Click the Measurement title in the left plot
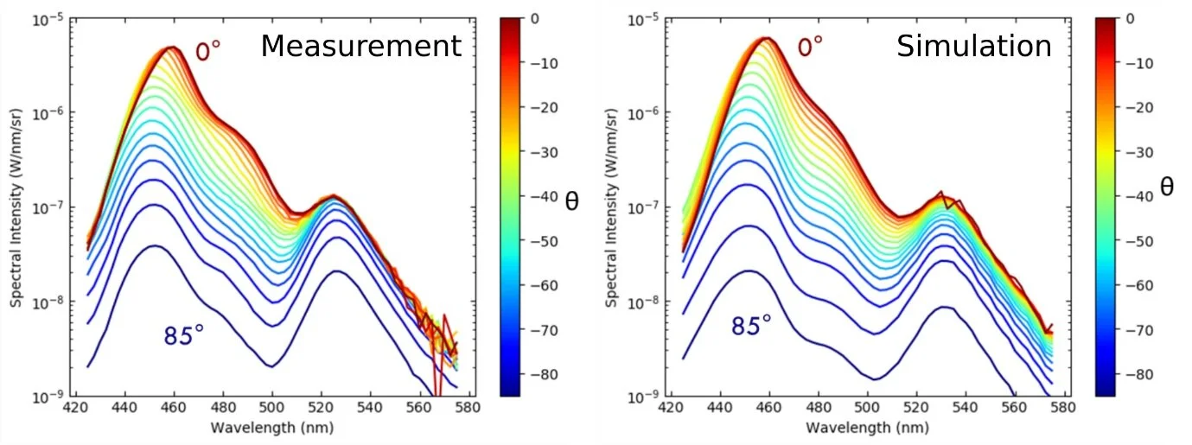point(361,46)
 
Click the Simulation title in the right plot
point(974,46)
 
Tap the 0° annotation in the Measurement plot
point(207,52)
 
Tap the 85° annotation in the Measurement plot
point(184,335)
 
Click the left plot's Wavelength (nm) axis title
point(272,428)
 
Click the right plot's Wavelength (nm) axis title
point(867,428)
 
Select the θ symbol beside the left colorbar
point(571,202)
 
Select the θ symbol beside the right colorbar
point(1167,187)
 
